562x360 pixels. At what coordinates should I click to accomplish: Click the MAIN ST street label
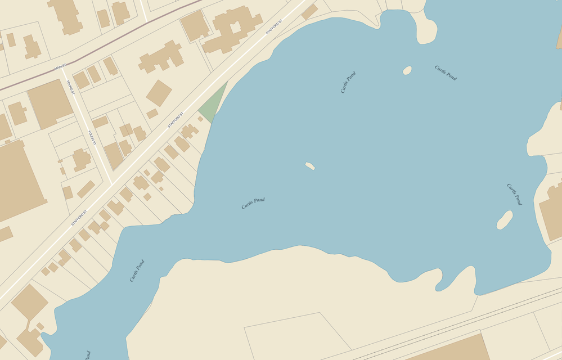tap(60, 67)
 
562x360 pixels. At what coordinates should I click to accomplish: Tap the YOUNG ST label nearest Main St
tap(70, 87)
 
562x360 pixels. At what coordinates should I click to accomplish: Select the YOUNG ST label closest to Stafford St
tap(91, 138)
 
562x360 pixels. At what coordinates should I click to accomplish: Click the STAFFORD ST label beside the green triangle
tap(176, 119)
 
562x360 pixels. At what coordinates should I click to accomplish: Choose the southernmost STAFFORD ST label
tap(79, 218)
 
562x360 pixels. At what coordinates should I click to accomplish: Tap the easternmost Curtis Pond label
tap(514, 194)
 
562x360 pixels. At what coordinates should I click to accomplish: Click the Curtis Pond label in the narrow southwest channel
tap(137, 271)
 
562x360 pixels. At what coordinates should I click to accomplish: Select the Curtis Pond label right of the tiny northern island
tap(446, 73)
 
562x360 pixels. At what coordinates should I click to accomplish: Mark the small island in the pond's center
tap(310, 166)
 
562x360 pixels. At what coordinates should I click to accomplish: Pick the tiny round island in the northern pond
tap(407, 70)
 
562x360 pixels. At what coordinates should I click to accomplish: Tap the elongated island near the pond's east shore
tap(505, 220)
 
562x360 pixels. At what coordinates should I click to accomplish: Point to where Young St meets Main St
tap(64, 70)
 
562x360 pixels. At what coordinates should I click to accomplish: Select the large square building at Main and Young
tap(50, 103)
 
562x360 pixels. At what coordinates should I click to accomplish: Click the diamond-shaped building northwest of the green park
tap(159, 93)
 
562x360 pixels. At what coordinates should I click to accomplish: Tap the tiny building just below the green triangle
tap(200, 119)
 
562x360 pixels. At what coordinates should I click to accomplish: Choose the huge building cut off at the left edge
tap(17, 180)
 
